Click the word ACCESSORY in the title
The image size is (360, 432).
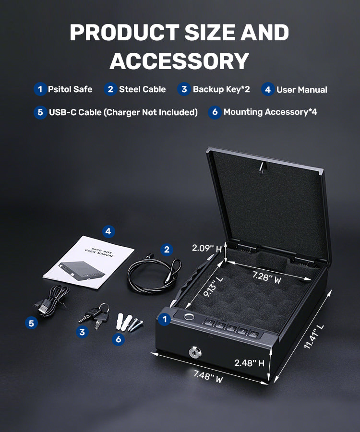(x=180, y=61)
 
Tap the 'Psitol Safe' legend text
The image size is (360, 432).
(x=70, y=89)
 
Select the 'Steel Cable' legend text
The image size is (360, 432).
(x=143, y=89)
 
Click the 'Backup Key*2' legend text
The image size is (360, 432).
(x=221, y=89)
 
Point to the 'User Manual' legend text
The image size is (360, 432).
(x=302, y=90)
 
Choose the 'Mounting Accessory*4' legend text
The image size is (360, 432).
(x=270, y=112)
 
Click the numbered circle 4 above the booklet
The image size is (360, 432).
(x=108, y=231)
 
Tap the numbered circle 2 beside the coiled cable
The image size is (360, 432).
(x=167, y=250)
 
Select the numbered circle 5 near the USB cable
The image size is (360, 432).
(x=31, y=323)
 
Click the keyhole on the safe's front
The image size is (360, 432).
(x=195, y=352)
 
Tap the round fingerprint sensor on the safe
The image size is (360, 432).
(x=189, y=317)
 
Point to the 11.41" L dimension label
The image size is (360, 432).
(x=314, y=336)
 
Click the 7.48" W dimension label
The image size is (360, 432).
(x=208, y=376)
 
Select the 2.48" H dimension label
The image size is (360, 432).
(x=249, y=363)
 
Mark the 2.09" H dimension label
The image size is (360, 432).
(x=207, y=248)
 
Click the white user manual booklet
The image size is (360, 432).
(x=89, y=262)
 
